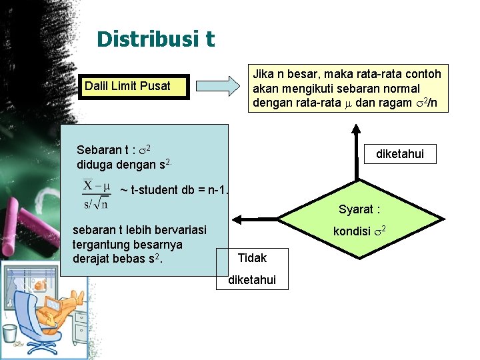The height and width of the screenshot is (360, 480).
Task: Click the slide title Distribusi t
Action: tap(155, 39)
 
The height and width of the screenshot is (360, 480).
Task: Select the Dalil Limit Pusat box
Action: tap(133, 86)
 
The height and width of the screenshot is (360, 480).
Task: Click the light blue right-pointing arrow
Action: tap(219, 86)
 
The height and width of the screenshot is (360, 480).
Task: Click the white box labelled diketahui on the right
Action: tap(399, 154)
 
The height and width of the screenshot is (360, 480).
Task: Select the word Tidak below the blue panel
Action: tap(252, 258)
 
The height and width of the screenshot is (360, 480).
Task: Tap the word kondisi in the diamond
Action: tap(353, 231)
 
